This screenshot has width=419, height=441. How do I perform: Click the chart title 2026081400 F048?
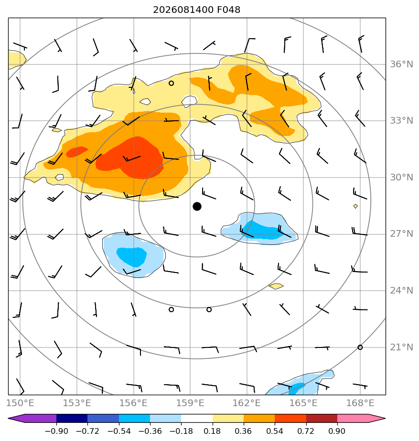pyautogui.click(x=196, y=10)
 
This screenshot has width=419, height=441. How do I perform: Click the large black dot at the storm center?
pyautogui.click(x=197, y=207)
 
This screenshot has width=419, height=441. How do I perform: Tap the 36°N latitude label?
pyautogui.click(x=401, y=64)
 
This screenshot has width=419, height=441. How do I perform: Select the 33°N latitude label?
pyautogui.click(x=401, y=121)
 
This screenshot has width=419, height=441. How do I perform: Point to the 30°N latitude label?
pyautogui.click(x=401, y=177)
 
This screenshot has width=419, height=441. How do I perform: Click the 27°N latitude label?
pyautogui.click(x=401, y=234)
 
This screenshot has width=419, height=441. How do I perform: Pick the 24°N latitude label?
pyautogui.click(x=401, y=290)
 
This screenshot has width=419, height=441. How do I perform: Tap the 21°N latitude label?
pyautogui.click(x=401, y=347)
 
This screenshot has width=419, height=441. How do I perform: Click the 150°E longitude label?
pyautogui.click(x=20, y=403)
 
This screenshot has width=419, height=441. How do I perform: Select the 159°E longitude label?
pyautogui.click(x=190, y=403)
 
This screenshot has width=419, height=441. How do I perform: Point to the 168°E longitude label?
pyautogui.click(x=360, y=403)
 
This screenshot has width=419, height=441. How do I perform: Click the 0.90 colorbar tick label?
pyautogui.click(x=337, y=431)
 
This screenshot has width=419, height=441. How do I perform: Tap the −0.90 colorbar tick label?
pyautogui.click(x=56, y=431)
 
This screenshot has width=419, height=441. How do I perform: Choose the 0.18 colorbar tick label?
pyautogui.click(x=212, y=431)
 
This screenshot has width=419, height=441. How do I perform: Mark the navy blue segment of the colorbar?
pyautogui.click(x=72, y=418)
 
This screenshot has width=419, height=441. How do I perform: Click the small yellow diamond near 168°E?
pyautogui.click(x=355, y=206)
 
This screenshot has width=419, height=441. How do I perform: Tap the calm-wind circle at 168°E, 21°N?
pyautogui.click(x=360, y=347)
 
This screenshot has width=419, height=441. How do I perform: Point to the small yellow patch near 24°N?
pyautogui.click(x=276, y=286)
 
